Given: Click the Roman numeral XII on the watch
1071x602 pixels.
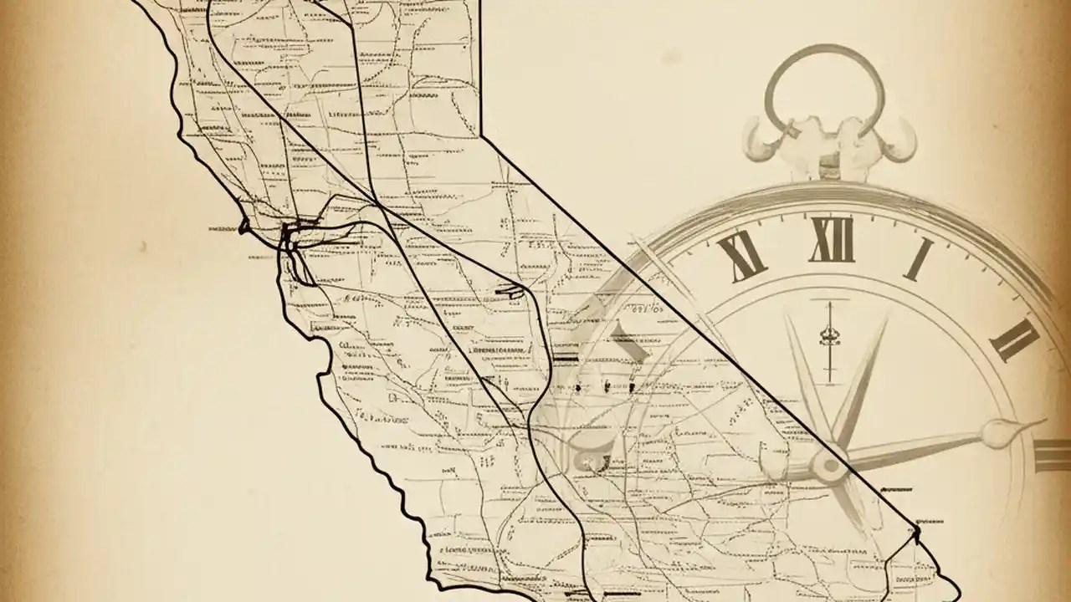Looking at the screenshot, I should pos(832,240).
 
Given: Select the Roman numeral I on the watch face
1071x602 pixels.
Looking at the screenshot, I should pos(919,259).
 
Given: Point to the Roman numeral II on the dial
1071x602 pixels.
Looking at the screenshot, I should pos(1014,339).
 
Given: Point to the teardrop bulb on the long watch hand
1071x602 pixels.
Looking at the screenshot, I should pos(1001,432).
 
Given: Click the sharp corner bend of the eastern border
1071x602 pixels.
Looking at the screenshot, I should pos(482,134).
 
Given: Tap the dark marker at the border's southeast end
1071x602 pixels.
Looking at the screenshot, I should pos(917,530).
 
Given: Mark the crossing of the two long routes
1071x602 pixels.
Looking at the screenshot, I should pos(378,205).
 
